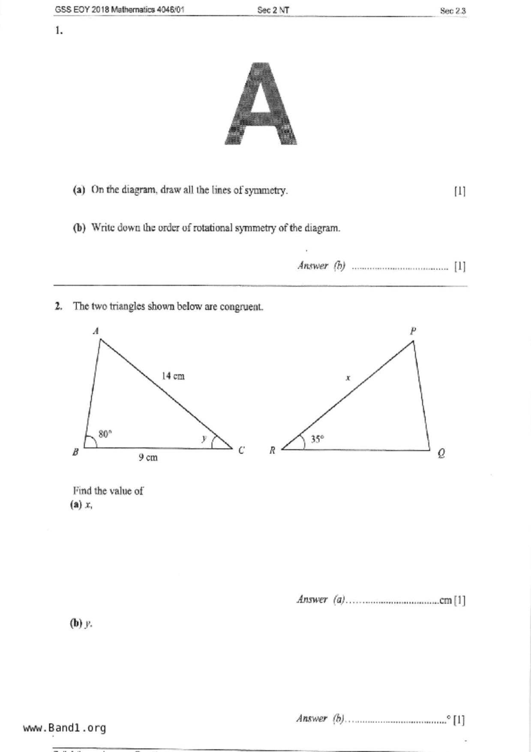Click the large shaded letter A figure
[261, 104]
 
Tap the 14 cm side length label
[173, 376]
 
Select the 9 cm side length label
[148, 457]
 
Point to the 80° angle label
[105, 434]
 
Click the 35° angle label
[317, 439]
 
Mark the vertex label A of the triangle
[96, 331]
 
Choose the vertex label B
[75, 452]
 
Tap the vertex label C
[241, 450]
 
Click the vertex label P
[413, 331]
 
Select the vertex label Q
[441, 453]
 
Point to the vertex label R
[272, 450]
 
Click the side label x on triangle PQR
[348, 378]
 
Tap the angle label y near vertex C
[204, 438]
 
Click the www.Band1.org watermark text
[64, 728]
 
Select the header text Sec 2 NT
[273, 10]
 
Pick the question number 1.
[59, 30]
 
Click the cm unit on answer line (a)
[445, 600]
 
